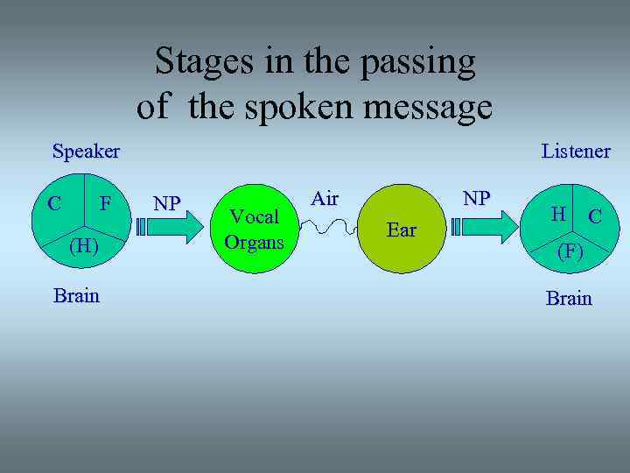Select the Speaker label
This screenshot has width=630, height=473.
pos(86,152)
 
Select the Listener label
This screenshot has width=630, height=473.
pos(576,152)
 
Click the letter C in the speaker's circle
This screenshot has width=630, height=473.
pos(54,204)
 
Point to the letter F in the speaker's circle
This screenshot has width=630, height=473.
pos(105,204)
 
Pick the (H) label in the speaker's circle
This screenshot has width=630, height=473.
pos(82,246)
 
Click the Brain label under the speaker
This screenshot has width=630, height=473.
pos(76,295)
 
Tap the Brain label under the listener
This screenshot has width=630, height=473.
pos(569,299)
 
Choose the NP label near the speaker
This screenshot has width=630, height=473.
pos(166,204)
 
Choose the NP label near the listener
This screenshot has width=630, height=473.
pos(476,198)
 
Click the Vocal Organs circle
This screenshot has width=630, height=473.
pos(254,229)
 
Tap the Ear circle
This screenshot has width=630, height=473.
pos(402,229)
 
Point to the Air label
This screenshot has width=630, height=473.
pos(325,199)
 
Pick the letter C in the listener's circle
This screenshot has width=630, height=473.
pos(594,215)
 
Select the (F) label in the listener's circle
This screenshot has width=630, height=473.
pos(570,251)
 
